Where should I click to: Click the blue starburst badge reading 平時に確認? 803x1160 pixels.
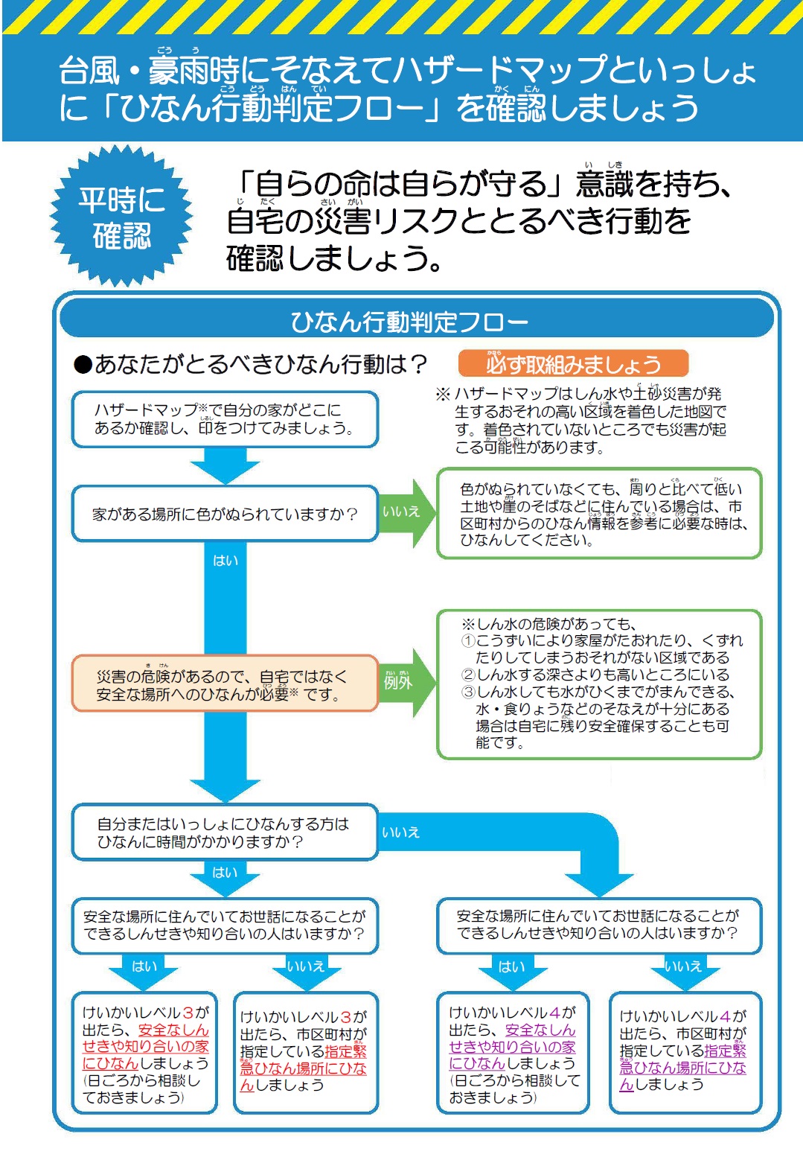pos(121,217)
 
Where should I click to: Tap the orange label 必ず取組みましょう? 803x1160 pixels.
pos(573,363)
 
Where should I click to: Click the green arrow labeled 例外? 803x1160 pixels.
pos(406,682)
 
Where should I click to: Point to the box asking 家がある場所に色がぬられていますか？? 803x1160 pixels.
pos(225,514)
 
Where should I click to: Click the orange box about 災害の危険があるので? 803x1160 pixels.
pos(225,683)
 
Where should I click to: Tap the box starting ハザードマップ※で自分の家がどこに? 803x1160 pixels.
pos(225,419)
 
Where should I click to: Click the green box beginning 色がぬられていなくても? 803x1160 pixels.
pos(599,514)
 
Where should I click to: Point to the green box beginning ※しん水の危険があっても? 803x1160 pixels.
pos(599,684)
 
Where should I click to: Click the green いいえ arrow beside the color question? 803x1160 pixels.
pos(406,513)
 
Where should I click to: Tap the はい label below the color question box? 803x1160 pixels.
pos(225,561)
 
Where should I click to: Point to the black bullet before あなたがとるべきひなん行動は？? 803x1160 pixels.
pos(83,365)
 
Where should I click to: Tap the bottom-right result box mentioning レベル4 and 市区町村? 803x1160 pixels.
pos(685,1053)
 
